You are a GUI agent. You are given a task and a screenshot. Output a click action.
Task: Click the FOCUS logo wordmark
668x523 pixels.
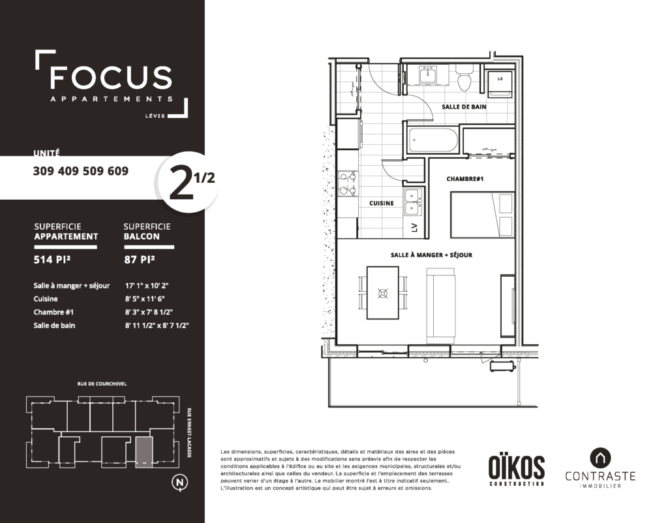point(111,77)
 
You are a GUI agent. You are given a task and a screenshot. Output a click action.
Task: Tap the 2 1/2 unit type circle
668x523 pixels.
point(188,182)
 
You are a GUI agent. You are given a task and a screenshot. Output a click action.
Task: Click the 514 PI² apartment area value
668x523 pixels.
point(52,259)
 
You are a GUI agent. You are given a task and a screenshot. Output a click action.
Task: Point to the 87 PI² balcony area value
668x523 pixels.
point(140,259)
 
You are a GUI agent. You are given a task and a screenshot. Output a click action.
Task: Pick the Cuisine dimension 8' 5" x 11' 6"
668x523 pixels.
point(145,299)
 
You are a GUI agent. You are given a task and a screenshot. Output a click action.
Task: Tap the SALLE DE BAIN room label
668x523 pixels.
point(464,106)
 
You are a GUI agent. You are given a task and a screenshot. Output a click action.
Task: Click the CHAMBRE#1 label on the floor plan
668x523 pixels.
point(464,179)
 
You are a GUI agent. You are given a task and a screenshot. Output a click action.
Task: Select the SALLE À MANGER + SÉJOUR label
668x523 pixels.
point(431,255)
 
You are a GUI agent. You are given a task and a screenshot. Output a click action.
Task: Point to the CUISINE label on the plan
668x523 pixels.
point(381,203)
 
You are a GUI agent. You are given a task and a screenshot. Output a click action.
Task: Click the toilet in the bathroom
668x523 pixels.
point(464,77)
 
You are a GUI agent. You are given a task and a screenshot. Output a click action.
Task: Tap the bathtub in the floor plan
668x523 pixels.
point(433,139)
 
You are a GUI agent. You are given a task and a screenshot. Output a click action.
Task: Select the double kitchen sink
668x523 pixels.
point(412,202)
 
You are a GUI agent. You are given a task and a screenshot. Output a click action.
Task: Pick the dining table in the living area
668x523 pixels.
point(383,293)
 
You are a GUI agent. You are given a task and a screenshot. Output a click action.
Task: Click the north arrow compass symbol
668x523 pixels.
point(180,483)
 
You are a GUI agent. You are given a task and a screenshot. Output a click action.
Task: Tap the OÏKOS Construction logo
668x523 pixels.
point(516,469)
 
